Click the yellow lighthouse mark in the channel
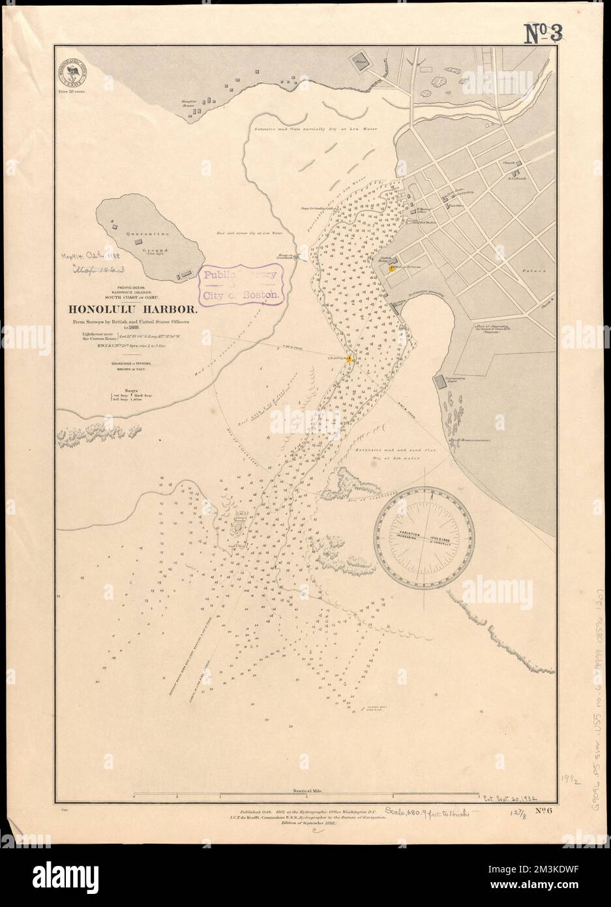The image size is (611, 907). (350, 359)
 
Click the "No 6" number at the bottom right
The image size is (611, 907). (539, 811)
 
